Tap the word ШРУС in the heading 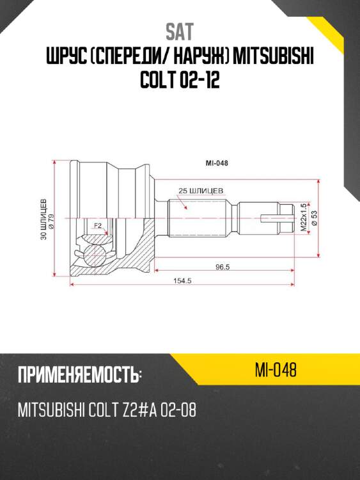pos(68,60)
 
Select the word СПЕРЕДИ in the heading pos(132,60)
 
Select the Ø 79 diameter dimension pos(51,221)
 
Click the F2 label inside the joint pos(98,226)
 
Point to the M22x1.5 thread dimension pos(304,218)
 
